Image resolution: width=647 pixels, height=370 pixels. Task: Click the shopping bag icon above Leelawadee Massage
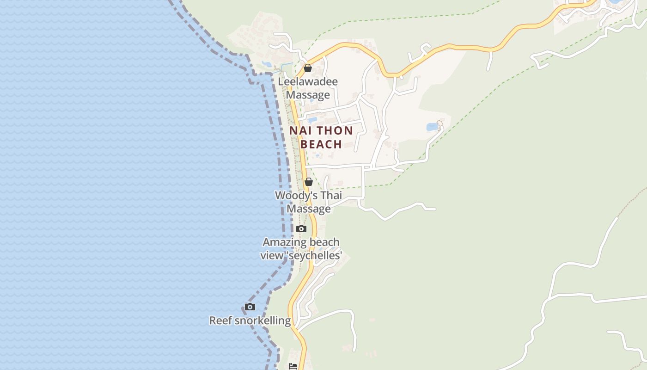308,68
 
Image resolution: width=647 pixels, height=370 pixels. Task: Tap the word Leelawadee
308,81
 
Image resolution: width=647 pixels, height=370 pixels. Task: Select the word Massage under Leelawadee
308,95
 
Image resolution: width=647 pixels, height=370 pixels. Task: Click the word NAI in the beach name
299,131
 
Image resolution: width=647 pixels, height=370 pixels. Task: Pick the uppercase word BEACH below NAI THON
321,144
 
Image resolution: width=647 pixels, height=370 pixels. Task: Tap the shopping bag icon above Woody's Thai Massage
309,182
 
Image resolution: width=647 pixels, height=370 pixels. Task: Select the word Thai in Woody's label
331,196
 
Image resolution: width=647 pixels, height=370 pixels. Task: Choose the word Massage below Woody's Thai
309,209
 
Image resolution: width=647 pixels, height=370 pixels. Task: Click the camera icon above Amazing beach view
301,228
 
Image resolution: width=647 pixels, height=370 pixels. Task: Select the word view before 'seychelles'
270,255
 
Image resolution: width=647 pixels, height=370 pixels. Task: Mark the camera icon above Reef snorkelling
250,307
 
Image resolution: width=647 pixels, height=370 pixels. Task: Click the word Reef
220,321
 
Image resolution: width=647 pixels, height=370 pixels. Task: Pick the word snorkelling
262,321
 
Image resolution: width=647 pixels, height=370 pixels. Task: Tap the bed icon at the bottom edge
293,366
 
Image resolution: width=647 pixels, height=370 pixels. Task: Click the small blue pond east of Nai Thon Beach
432,127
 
